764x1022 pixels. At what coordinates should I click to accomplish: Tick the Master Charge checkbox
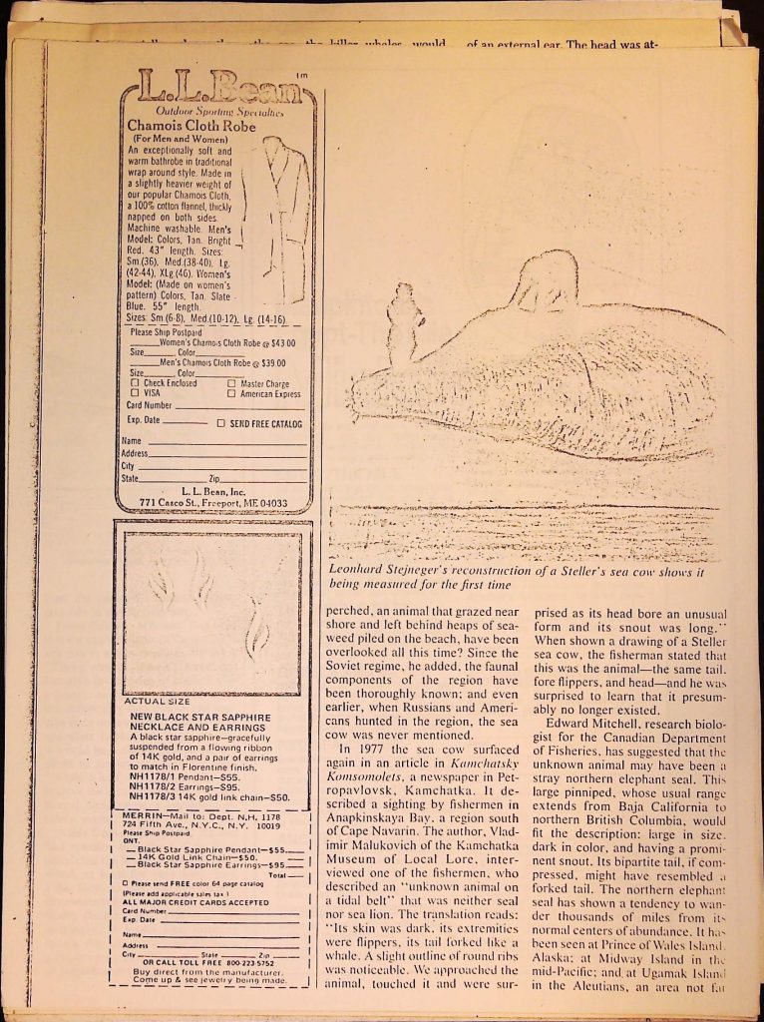(231, 382)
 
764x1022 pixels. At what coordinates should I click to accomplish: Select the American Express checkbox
(231, 393)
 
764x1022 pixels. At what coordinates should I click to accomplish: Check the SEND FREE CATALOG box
(221, 423)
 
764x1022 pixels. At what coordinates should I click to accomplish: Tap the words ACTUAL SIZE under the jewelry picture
(150, 701)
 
